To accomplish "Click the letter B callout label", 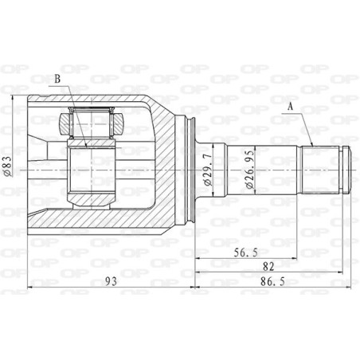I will click(57, 80).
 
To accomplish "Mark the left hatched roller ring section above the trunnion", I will click(67, 123).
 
